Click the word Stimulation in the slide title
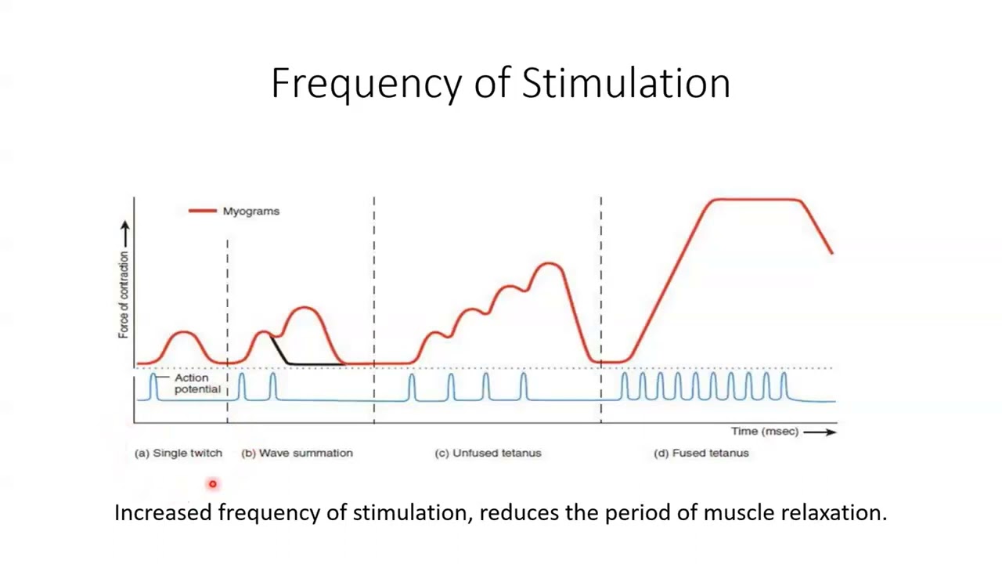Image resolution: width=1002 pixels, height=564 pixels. coord(626,83)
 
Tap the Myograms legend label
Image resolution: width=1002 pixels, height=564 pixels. coord(250,211)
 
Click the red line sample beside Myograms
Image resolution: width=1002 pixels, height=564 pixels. coord(202,211)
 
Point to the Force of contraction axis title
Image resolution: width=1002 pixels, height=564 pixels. coord(124,295)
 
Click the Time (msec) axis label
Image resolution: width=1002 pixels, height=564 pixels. coord(764,432)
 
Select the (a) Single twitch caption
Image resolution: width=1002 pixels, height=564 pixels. coord(178,453)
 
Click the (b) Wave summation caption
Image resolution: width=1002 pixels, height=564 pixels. coord(297,453)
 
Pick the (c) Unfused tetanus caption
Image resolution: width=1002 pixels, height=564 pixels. coord(488,453)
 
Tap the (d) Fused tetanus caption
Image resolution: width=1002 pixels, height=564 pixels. coord(701,453)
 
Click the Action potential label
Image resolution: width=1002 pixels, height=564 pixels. coord(196,384)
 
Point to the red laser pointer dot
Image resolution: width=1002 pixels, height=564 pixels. coord(212,484)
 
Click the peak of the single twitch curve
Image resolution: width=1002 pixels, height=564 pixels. coord(184,333)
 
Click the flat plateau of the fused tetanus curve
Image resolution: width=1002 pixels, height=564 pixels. coord(756,201)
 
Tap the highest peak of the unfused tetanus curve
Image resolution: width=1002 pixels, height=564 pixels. coord(550,265)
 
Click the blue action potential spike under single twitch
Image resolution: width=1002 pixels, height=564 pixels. coord(153,386)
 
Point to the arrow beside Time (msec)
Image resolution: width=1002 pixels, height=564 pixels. coord(820,432)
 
